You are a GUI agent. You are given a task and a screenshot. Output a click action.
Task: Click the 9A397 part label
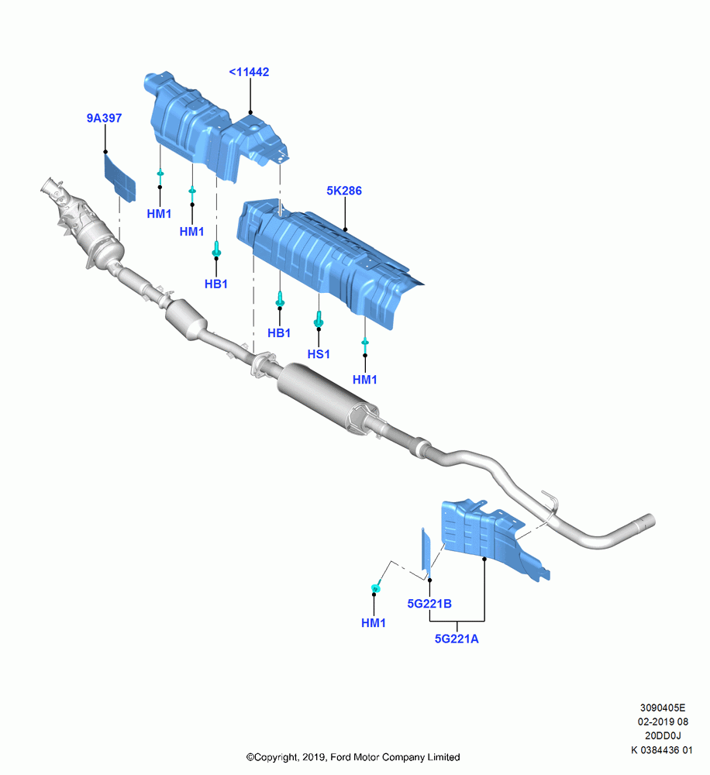tap(105, 118)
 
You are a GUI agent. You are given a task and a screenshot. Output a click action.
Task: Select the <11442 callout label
tap(249, 72)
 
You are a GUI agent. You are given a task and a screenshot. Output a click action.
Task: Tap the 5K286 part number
tap(344, 191)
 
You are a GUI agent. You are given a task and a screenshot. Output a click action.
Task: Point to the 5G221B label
tap(429, 604)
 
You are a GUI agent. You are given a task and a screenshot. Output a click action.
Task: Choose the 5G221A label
tap(457, 639)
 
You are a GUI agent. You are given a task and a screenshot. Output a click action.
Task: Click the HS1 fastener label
tap(319, 354)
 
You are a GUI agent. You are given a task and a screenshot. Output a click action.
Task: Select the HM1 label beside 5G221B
tap(374, 623)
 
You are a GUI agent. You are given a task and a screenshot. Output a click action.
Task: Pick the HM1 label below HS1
tap(365, 380)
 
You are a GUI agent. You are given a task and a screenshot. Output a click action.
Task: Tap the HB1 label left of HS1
tap(279, 333)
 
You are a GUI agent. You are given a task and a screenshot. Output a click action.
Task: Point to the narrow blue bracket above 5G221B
tap(426, 553)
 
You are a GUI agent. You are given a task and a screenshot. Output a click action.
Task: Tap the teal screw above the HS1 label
tap(319, 319)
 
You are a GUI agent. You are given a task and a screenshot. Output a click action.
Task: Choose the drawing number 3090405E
tap(663, 708)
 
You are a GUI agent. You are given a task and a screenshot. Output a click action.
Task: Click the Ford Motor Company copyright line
tap(353, 757)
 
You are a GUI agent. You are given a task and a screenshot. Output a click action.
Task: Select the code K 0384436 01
tap(662, 749)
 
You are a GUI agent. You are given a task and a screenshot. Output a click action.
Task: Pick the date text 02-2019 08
tap(663, 722)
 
